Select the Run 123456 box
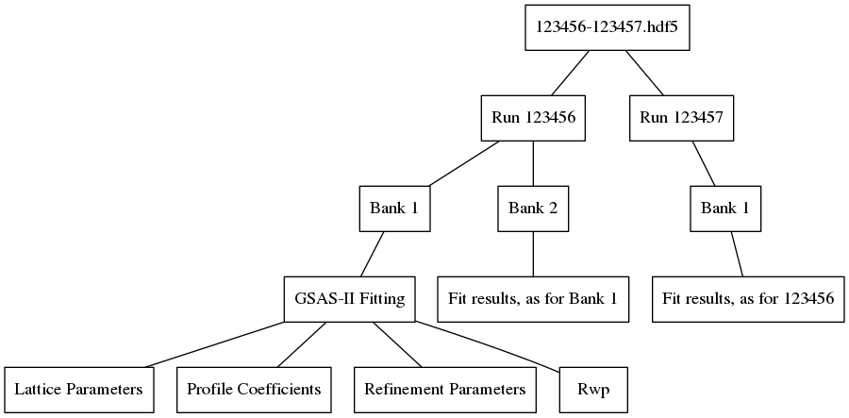point(534,118)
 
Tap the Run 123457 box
point(681,118)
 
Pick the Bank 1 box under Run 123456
point(395,209)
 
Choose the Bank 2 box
point(534,209)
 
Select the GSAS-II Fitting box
point(350,299)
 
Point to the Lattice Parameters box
point(78,390)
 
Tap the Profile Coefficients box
point(254,390)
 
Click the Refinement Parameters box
point(444,390)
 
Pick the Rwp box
point(591,390)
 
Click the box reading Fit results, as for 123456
point(748,299)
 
